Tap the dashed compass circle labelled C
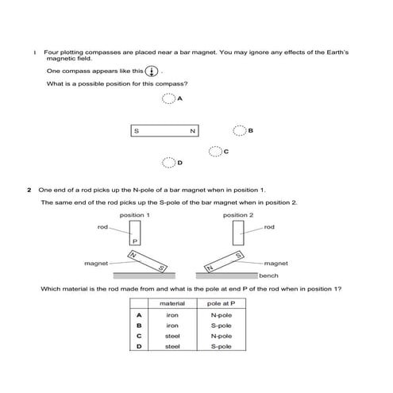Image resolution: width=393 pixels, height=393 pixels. pyautogui.click(x=215, y=151)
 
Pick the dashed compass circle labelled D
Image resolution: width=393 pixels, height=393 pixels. pyautogui.click(x=168, y=163)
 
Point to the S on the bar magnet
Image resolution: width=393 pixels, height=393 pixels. pyautogui.click(x=137, y=131)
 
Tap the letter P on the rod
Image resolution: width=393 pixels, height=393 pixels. pyautogui.click(x=135, y=241)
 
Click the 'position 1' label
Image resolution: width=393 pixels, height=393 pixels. pyautogui.click(x=135, y=215)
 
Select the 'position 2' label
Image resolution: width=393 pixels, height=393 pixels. pyautogui.click(x=238, y=215)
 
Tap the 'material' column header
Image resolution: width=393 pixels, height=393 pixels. pyautogui.click(x=172, y=304)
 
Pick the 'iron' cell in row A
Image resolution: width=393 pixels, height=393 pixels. pyautogui.click(x=172, y=315)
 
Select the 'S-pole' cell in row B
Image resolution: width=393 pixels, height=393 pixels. pyautogui.click(x=221, y=326)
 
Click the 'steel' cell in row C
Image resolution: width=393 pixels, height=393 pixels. pyautogui.click(x=172, y=336)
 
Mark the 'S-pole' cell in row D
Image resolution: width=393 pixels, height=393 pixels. pyautogui.click(x=221, y=346)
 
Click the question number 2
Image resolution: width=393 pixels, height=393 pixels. pyautogui.click(x=29, y=191)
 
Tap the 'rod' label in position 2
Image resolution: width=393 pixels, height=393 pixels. pyautogui.click(x=269, y=227)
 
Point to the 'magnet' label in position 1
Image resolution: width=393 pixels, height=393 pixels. pyautogui.click(x=96, y=262)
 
